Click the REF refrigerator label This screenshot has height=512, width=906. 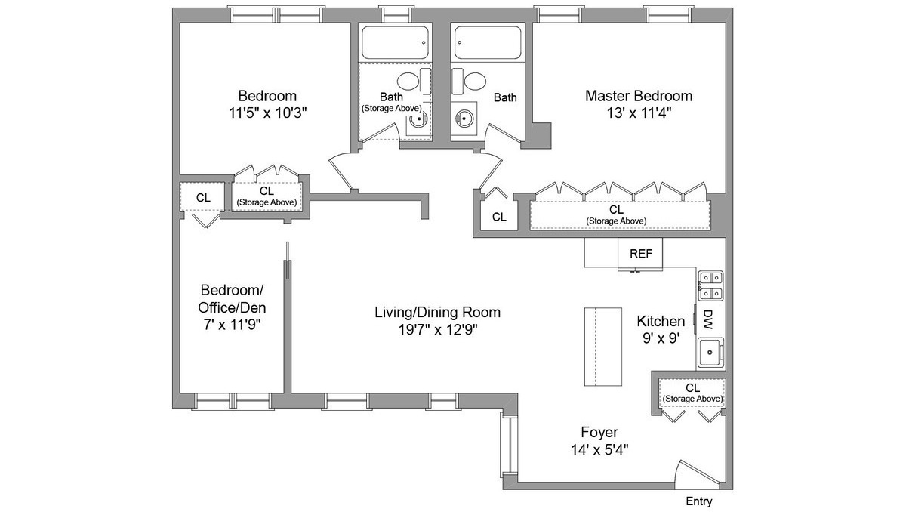pos(640,254)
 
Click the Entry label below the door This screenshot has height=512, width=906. pos(698,501)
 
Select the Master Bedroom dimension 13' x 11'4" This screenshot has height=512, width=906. pos(639,113)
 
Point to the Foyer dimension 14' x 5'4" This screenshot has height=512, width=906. pos(599,449)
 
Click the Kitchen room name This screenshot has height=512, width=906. pos(661,321)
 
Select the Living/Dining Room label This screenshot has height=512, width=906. pos(437,312)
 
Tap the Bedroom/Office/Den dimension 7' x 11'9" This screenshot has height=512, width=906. pos(232,325)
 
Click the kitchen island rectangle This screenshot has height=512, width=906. pos(602,347)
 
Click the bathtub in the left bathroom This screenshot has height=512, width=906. pos(396,42)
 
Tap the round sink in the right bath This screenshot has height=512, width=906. pos(463,119)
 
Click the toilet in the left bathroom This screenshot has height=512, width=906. pos(408,82)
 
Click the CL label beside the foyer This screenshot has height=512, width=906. pos(692,388)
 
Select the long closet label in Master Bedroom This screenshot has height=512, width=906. pos(616,209)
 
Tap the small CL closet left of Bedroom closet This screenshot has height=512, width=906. pos(202,198)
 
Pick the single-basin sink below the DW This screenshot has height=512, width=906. pos(710,350)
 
